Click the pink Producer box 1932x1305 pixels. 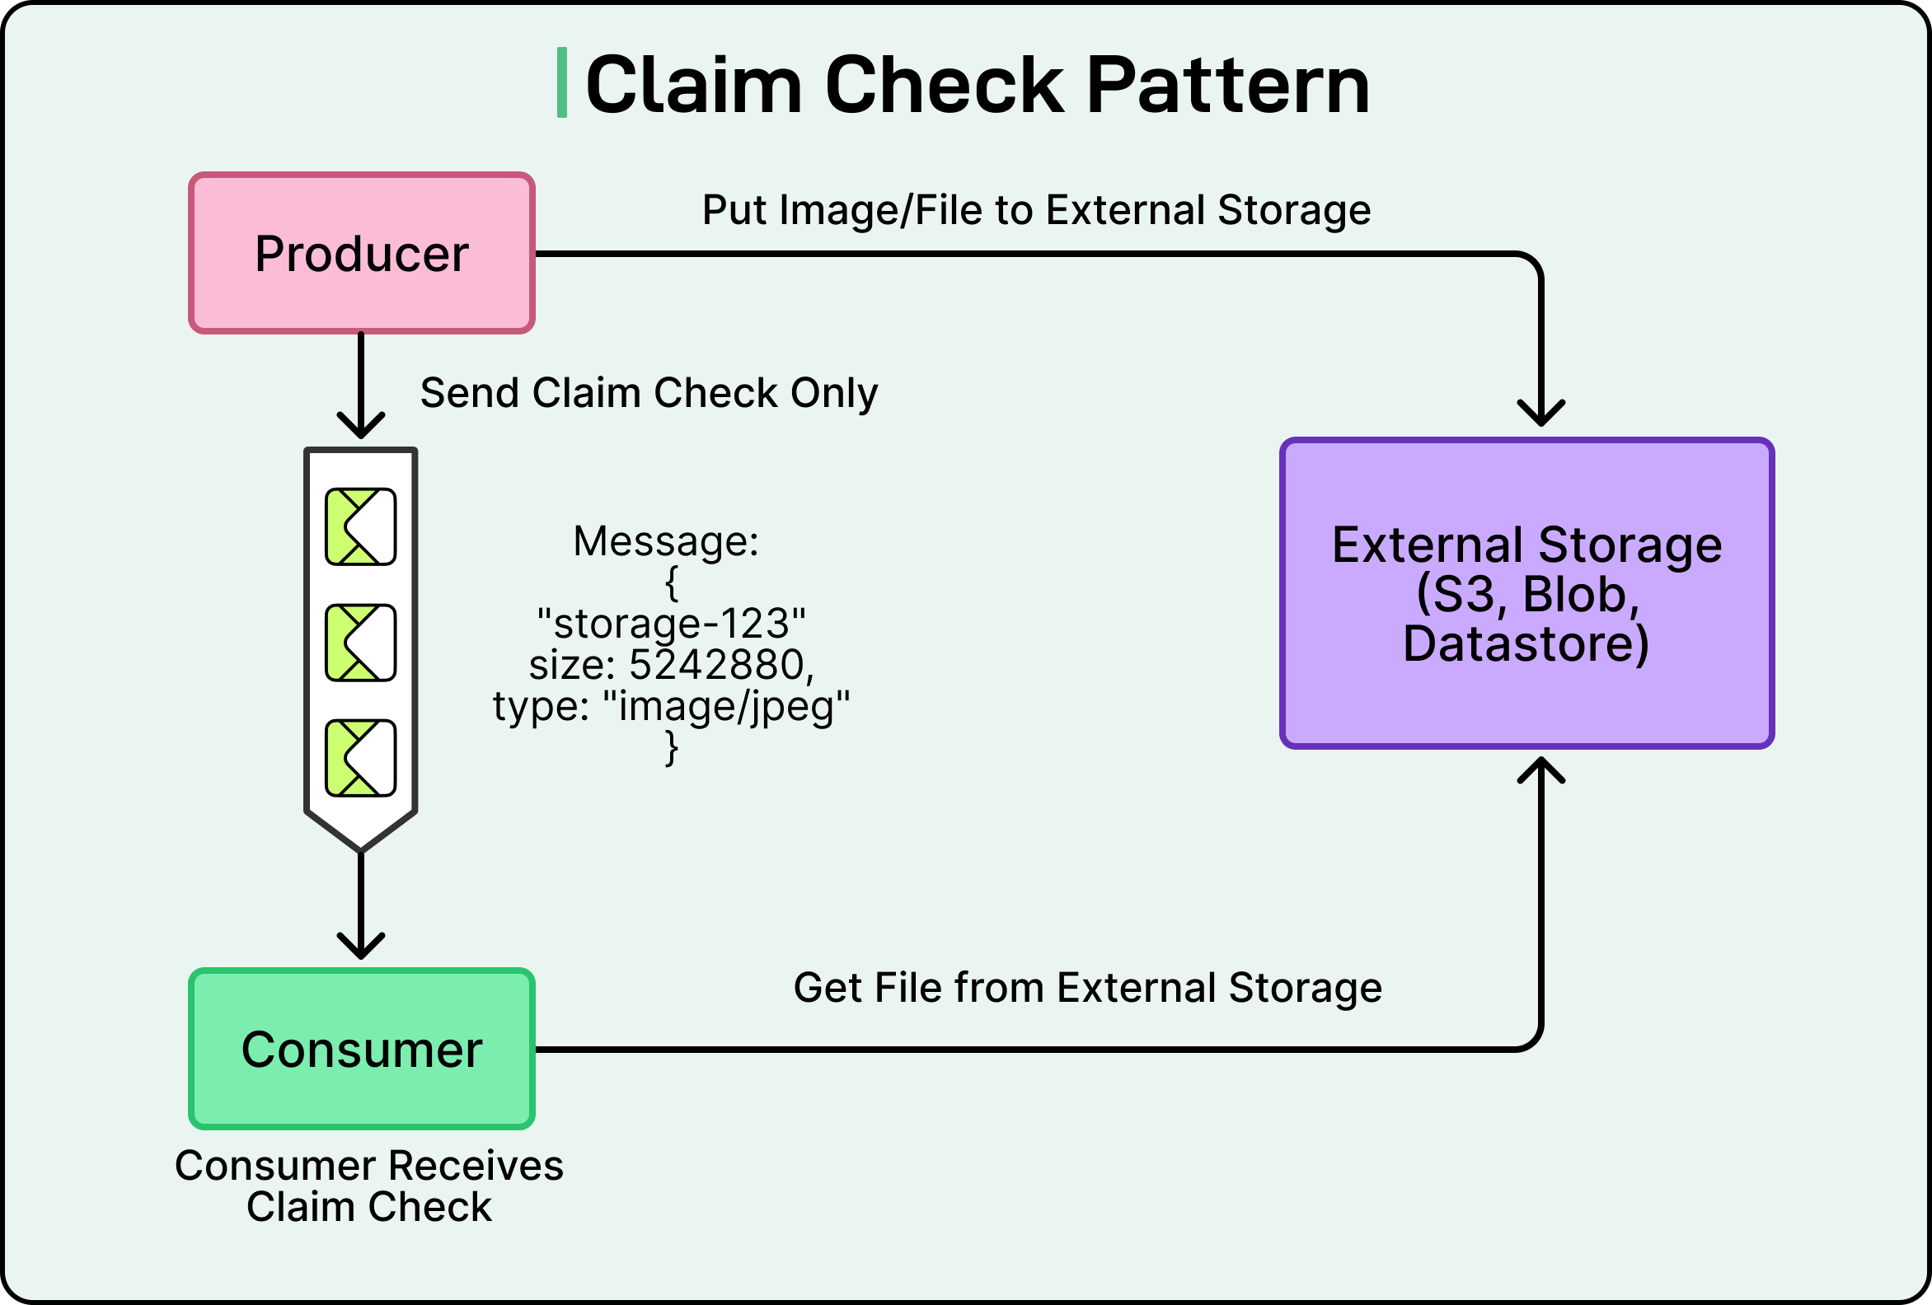click(361, 254)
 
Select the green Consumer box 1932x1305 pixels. click(361, 1049)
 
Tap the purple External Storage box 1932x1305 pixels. click(1527, 593)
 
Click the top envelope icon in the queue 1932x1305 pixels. click(360, 527)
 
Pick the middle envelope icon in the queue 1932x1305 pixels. click(360, 643)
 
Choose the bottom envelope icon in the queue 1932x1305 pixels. click(360, 758)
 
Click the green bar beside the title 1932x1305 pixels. click(562, 83)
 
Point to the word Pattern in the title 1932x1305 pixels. click(1228, 85)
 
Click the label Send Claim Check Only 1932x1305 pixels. click(649, 392)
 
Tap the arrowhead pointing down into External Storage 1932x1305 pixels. click(1541, 414)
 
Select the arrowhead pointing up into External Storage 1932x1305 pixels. click(1541, 769)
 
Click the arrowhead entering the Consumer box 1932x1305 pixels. click(361, 947)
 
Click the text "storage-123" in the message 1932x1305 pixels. click(671, 624)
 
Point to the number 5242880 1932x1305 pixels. click(716, 664)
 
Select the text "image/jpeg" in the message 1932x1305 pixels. click(726, 706)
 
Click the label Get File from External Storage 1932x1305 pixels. click(1087, 988)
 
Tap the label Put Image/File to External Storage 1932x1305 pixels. click(1036, 209)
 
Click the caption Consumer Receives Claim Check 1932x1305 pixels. click(369, 1186)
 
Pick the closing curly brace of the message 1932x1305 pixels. click(672, 748)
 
